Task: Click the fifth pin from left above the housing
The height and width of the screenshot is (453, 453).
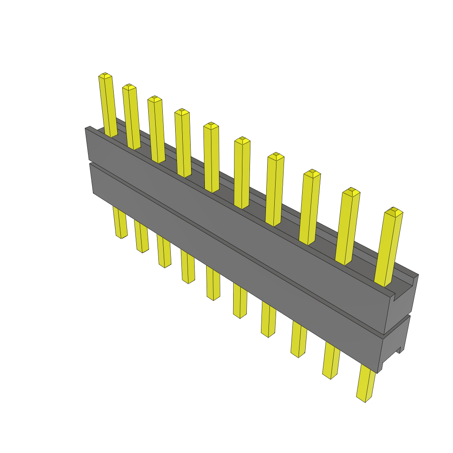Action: (211, 157)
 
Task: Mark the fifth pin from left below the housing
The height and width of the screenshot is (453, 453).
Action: (213, 284)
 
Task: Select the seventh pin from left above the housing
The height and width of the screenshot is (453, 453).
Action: (274, 188)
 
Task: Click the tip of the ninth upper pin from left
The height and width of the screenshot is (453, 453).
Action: (351, 192)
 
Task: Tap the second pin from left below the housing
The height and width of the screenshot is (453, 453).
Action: (142, 236)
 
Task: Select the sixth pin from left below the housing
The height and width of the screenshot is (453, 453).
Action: (240, 300)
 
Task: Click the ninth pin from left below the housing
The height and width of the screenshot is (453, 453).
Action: (331, 359)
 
